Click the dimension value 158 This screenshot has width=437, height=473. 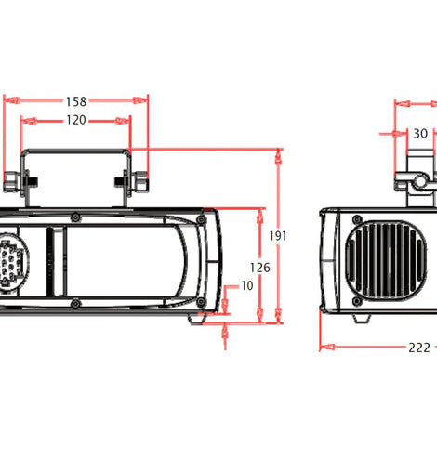tap(76, 101)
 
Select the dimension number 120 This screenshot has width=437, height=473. tap(76, 120)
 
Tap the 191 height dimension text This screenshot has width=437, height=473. tap(278, 236)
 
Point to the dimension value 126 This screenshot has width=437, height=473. tap(260, 268)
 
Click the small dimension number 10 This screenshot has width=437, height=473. tap(247, 285)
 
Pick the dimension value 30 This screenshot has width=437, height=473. tap(420, 134)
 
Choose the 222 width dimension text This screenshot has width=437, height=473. tap(419, 348)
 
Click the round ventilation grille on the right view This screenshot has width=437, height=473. tap(386, 261)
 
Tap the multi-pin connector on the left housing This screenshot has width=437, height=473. tap(13, 262)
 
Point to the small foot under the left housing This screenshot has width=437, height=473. tap(198, 319)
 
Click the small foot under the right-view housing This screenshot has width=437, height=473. tap(363, 319)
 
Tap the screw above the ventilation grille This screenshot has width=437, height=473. tap(357, 219)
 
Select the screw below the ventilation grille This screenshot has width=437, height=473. tap(357, 301)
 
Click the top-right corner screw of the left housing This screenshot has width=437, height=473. tap(201, 219)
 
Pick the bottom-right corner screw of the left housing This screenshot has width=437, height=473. tap(201, 301)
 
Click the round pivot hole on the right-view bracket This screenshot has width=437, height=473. tap(420, 181)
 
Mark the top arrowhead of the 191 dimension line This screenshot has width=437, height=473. tap(279, 157)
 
